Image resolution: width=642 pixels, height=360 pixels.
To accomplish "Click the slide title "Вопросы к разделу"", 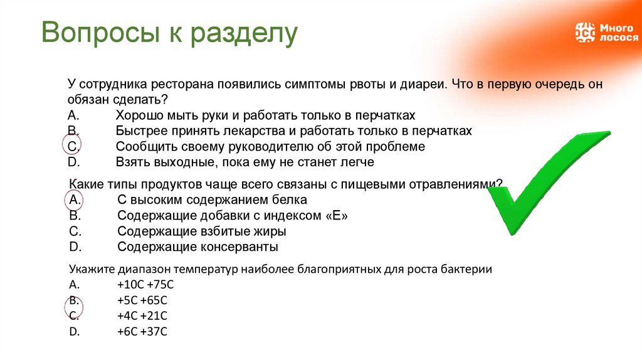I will click(169, 34).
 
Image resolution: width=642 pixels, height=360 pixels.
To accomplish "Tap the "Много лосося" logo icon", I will click(584, 32).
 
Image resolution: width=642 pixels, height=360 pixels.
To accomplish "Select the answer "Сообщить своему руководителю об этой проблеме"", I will click(270, 147).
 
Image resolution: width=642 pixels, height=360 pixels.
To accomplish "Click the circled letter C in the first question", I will click(73, 147).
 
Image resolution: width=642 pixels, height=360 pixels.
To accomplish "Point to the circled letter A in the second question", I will click(73, 200).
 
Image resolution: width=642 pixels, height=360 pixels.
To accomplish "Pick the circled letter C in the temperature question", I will click(73, 315).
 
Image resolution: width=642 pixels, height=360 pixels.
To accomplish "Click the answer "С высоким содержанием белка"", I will click(212, 200).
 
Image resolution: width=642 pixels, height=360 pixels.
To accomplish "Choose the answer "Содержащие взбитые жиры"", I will click(201, 231).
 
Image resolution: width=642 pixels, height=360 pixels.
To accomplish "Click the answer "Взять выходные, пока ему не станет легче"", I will click(245, 162).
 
